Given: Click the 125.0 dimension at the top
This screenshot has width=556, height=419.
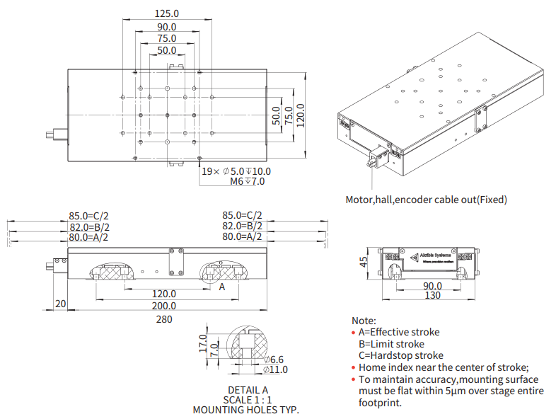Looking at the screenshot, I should tap(167, 13).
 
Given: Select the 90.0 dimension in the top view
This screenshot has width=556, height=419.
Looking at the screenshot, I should tap(167, 27).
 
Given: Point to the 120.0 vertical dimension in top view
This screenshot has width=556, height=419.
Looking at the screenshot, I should tap(300, 115).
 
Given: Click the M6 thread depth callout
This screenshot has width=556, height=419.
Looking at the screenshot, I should tap(248, 182).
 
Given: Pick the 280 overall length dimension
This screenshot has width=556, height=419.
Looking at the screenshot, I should tap(164, 319).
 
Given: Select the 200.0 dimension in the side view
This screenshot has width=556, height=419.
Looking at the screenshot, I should tap(164, 306).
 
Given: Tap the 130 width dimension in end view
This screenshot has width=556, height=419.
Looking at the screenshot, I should tap(432, 296).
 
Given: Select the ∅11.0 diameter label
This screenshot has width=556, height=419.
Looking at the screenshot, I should tap(275, 369).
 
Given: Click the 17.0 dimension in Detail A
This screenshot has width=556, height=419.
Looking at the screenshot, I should tap(202, 344).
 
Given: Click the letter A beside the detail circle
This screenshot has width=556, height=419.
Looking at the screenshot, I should tap(221, 287).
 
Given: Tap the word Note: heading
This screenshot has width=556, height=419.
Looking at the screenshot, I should tap(364, 321).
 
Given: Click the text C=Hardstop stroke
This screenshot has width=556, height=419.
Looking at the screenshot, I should tap(401, 355).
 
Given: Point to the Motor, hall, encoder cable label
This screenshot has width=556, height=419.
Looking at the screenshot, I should tap(426, 200).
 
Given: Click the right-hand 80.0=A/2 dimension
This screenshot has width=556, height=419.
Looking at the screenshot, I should tap(242, 237).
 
